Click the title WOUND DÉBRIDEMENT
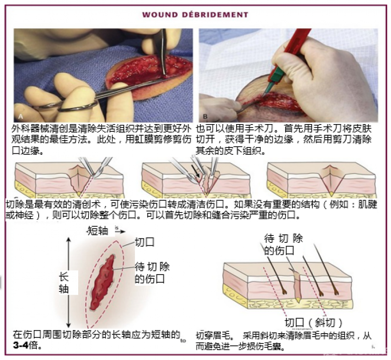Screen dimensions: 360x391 coord(195,15)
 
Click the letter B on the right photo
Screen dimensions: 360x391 coord(205,117)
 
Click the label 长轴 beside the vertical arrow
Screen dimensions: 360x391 coord(63,282)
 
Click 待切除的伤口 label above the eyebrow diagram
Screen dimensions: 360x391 coord(283,244)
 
